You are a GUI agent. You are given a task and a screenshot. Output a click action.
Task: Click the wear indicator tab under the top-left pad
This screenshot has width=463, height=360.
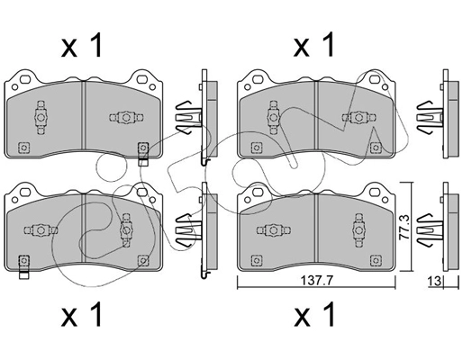point(142,162)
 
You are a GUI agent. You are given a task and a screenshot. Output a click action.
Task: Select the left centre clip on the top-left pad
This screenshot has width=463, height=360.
point(41,115)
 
